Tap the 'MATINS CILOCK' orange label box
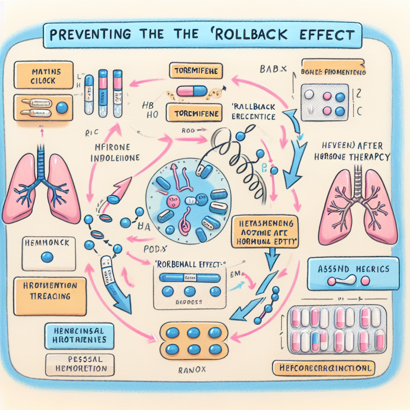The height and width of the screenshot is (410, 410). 43,76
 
